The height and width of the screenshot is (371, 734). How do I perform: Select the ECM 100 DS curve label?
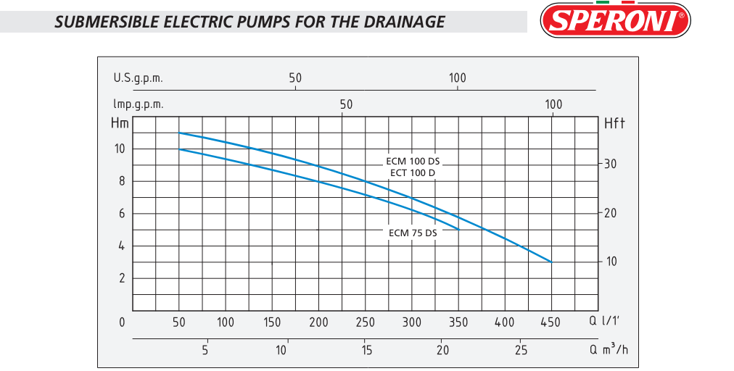413,161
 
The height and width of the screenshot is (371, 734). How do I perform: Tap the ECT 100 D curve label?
412,173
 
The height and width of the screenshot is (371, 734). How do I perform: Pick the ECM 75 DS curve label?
413,233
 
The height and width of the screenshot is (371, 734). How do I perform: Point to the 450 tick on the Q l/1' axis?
551,322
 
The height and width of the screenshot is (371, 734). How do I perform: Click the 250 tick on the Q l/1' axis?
365,322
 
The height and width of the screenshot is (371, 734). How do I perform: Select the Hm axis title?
120,123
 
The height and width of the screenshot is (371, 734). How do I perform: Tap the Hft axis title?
615,124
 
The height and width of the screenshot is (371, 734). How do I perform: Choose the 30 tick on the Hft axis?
611,164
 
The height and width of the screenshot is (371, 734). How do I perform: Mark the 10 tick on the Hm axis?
120,149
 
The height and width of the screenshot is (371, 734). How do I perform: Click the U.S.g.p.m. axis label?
138,78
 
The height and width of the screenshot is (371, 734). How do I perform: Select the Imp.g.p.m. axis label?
138,104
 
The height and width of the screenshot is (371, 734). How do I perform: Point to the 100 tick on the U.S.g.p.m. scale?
457,78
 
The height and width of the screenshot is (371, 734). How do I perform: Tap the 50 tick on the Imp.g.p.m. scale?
346,104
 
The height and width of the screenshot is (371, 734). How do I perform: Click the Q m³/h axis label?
609,350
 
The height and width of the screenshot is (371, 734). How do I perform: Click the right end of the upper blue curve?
552,262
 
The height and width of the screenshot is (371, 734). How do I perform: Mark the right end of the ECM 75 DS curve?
458,229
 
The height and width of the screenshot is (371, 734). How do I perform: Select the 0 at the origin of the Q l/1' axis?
122,322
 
